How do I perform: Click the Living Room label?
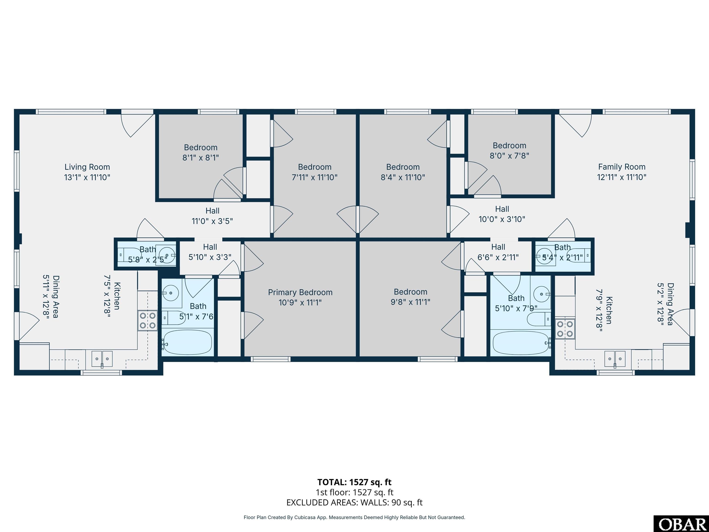[x=87, y=167]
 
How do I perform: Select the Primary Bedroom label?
[x=300, y=293]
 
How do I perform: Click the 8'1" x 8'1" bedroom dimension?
[x=201, y=158]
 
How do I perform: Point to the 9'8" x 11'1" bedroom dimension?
[x=410, y=302]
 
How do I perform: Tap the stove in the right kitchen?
[x=565, y=329]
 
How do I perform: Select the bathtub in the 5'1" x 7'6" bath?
[x=187, y=342]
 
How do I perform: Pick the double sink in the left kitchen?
[x=102, y=359]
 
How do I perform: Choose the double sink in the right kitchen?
[x=615, y=359]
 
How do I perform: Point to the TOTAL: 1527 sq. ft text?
[x=354, y=482]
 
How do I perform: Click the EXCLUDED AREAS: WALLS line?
[x=354, y=502]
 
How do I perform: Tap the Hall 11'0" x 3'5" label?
[x=212, y=216]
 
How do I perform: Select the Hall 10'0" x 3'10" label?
[x=502, y=214]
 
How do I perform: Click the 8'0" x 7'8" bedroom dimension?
[x=509, y=156]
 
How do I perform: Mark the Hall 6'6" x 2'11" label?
[x=498, y=252]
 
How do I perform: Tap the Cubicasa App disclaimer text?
[x=354, y=517]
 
